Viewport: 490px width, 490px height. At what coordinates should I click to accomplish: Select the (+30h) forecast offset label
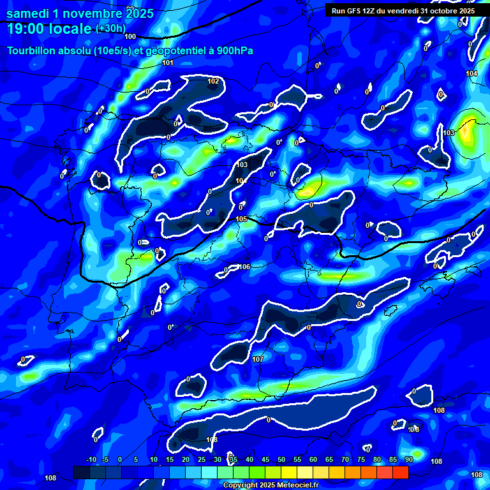pos(110,28)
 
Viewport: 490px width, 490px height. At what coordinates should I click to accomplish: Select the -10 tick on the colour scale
pos(91,460)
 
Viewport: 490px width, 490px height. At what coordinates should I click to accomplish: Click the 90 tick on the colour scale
pos(408,460)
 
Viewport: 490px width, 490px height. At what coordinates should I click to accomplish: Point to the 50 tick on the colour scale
pos(281,460)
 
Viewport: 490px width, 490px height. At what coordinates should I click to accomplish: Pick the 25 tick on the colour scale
pos(202,460)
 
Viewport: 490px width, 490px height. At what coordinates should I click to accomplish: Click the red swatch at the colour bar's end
pos(401,472)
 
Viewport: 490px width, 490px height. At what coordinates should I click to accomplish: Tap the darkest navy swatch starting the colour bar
pos(82,472)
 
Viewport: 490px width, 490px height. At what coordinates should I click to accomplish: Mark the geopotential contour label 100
pos(130,36)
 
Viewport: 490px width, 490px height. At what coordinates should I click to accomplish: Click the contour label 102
pos(213,81)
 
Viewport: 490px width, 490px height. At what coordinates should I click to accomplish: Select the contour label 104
pos(471,74)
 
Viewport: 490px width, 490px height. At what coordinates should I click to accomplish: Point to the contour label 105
pos(241,219)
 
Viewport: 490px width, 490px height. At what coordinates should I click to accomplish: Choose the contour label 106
pos(244,267)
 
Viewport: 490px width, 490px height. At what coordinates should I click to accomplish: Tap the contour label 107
pos(258,360)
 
